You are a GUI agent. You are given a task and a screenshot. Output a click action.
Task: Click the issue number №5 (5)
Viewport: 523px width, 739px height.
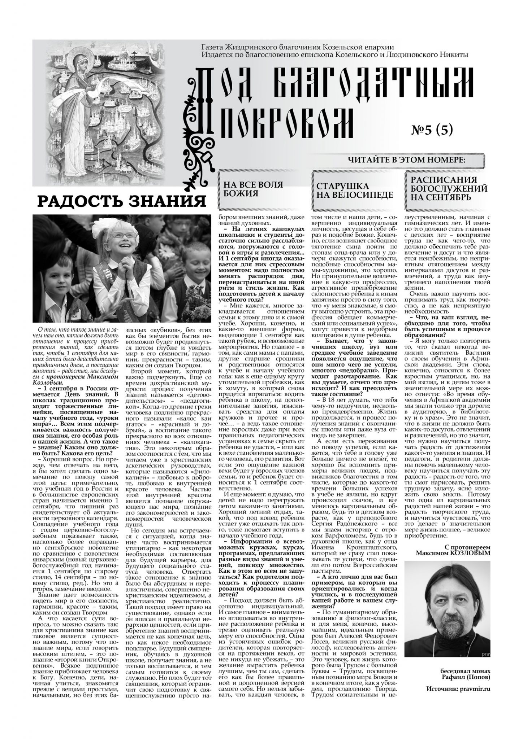pos(432,130)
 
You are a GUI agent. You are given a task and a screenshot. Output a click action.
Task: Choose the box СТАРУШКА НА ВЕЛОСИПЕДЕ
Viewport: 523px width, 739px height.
pos(354,191)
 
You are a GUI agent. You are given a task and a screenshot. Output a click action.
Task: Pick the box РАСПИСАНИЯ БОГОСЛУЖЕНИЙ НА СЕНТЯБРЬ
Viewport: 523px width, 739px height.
pos(446,188)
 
